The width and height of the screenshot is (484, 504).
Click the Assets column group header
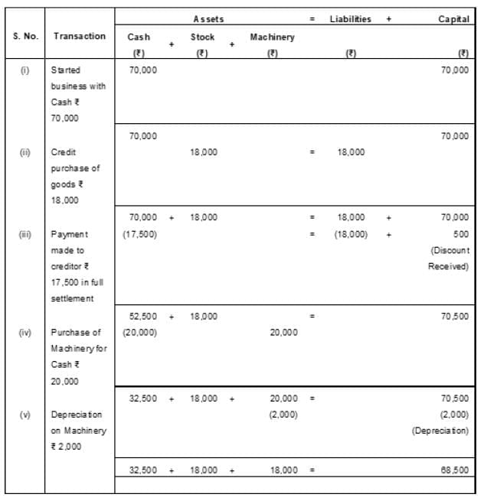pos(208,18)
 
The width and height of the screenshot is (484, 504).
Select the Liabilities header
pos(350,18)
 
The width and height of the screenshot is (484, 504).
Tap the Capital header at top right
pos(453,18)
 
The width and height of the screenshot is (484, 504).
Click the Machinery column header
pos(272,37)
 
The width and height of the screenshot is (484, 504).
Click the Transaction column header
pos(80,36)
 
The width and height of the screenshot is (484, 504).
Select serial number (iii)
pos(25,234)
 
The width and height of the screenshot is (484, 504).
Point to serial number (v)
pos(25,415)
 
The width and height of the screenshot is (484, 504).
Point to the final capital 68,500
pos(454,470)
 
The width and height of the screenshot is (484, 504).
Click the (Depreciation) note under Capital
pos(440,431)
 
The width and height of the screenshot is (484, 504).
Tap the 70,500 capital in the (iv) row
pos(454,316)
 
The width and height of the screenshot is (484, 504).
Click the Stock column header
pos(202,37)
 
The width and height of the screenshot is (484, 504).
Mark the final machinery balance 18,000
pos(283,470)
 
